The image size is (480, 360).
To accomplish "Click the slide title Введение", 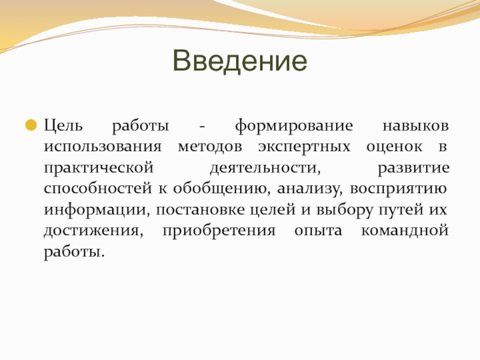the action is click(239, 61).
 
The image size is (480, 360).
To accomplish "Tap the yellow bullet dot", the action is click(31, 125).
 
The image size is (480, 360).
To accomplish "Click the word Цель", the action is click(64, 126).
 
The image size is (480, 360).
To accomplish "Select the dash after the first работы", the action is click(202, 127).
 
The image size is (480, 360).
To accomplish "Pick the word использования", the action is click(103, 147).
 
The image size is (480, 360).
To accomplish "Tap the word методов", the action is click(210, 147).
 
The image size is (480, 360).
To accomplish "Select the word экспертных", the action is click(304, 147).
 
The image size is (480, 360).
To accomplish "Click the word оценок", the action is click(394, 147).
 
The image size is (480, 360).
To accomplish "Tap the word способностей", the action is click(98, 188).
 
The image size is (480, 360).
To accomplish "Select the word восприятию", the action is click(398, 189).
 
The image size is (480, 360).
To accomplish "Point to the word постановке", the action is click(200, 209).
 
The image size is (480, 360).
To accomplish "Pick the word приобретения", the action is click(219, 231).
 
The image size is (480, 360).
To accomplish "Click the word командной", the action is click(404, 231).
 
